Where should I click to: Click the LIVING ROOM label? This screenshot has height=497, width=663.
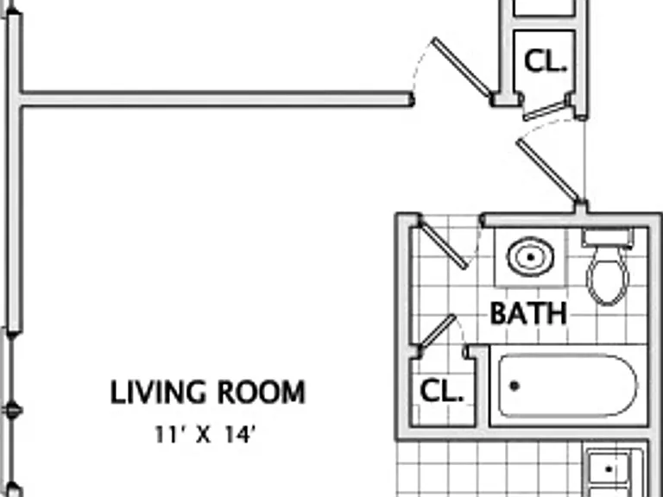207,393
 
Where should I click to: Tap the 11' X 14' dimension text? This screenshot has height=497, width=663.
205,434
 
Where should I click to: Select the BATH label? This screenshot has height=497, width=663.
528,313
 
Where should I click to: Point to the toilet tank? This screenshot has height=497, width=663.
607,238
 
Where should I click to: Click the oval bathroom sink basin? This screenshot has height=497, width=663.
530,256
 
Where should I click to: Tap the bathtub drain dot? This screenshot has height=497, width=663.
515,386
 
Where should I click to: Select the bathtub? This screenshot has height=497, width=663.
567,387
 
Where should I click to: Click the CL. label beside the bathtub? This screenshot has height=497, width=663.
441,391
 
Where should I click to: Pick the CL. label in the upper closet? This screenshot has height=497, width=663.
545,61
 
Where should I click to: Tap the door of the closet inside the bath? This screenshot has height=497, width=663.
437,331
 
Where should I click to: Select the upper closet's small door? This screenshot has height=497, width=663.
546,111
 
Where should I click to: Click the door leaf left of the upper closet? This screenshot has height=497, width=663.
461,67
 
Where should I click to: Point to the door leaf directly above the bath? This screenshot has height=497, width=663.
548,170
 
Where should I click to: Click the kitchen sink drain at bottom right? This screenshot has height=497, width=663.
609,469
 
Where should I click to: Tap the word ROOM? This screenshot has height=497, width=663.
262,393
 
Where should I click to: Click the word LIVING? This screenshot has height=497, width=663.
158,393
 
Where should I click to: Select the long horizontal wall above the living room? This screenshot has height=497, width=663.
217,99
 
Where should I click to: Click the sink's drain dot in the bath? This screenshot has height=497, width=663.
530,257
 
